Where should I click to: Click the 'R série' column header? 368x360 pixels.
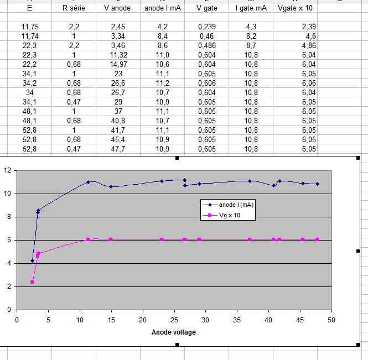pos(74,9)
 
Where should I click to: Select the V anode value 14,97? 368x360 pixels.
pos(118,65)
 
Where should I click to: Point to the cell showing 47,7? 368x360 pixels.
pos(118,149)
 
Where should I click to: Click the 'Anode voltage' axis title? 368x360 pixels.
pos(174,332)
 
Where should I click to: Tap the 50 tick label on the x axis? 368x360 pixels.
pos(331,320)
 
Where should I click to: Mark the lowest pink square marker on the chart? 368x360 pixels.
pos(32,282)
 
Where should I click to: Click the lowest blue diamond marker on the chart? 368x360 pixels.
pos(32,260)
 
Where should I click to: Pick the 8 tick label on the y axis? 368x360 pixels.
pos(9,217)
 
